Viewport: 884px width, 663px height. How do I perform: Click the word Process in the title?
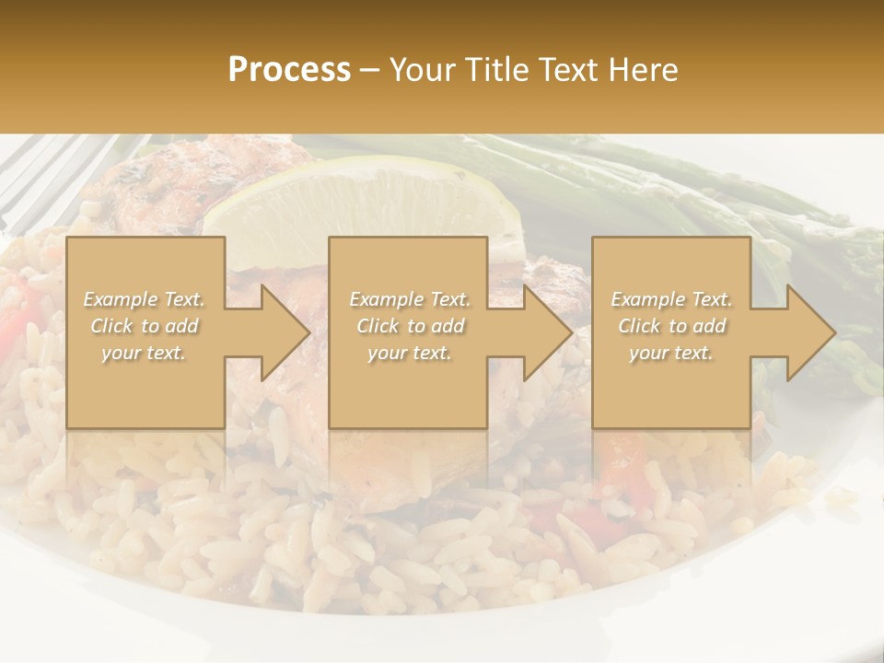pyautogui.click(x=289, y=69)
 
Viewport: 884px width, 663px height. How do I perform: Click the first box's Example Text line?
pyautogui.click(x=145, y=299)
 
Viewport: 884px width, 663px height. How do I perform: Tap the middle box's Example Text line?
pyautogui.click(x=410, y=299)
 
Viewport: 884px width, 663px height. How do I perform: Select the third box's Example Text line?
pyautogui.click(x=671, y=299)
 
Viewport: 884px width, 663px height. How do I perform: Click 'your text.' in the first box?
pyautogui.click(x=145, y=353)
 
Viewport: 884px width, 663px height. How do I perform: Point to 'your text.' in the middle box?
pyautogui.click(x=410, y=353)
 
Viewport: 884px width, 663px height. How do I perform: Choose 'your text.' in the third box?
pyautogui.click(x=671, y=353)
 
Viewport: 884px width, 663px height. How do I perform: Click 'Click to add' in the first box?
pyautogui.click(x=145, y=326)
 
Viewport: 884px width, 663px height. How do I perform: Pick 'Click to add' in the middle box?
pyautogui.click(x=410, y=326)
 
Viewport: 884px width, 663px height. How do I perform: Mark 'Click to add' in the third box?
pyautogui.click(x=671, y=326)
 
